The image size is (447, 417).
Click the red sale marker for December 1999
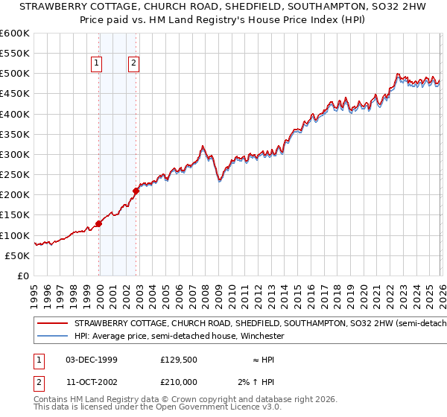98,223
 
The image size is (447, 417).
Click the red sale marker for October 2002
136,191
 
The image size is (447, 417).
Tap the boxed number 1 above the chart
97,64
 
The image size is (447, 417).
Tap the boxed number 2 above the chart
133,64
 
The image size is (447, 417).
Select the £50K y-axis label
18,255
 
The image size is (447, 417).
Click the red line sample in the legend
53,324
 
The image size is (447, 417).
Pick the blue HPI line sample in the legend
53,336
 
